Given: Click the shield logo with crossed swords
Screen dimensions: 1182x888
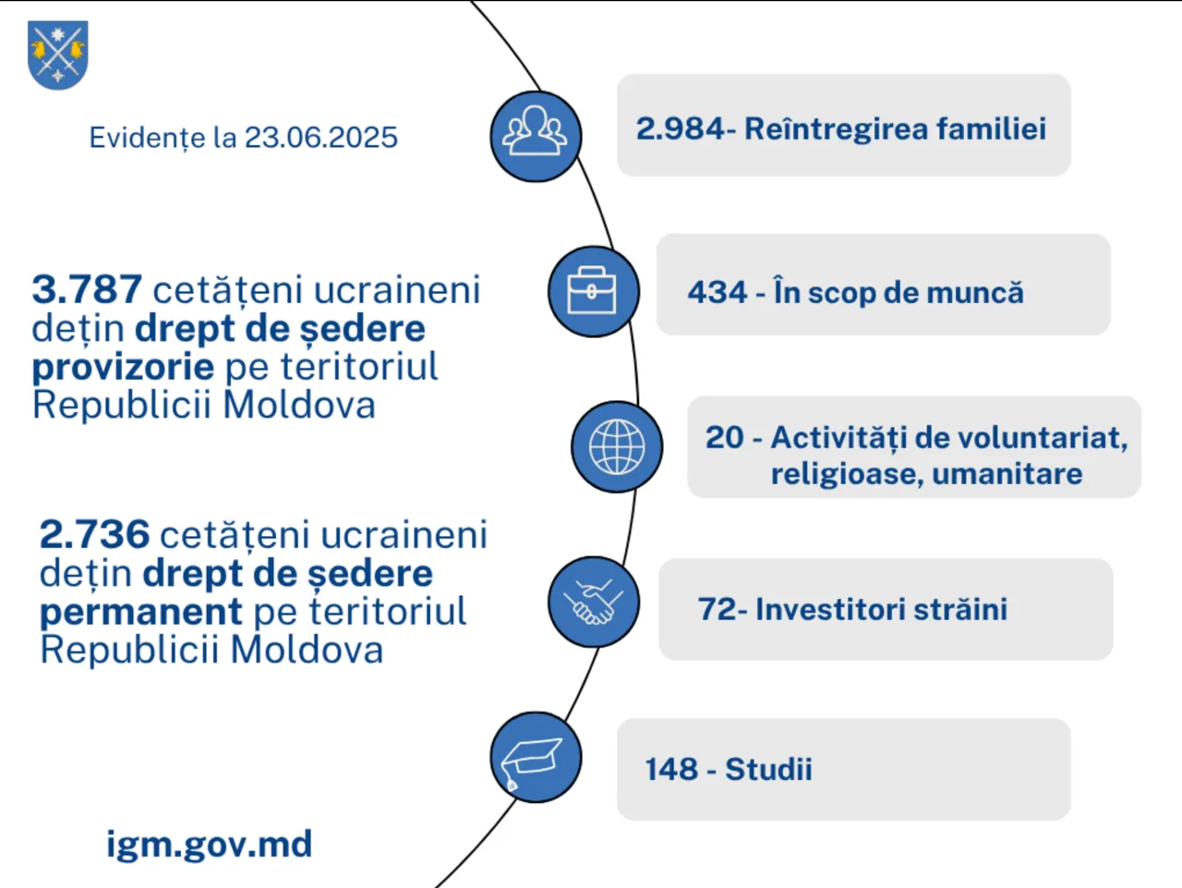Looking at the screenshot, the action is (57, 55).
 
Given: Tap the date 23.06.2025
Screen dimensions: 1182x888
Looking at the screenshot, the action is (321, 138).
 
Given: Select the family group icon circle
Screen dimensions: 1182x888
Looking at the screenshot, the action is (536, 137).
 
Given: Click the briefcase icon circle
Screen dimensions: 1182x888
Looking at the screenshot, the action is (594, 291).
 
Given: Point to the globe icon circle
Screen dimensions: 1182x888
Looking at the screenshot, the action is (617, 446).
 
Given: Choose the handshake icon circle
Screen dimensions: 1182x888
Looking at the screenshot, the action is (594, 602).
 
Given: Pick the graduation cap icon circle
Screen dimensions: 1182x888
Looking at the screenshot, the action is (536, 757).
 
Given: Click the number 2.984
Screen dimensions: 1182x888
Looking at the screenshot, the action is (681, 129).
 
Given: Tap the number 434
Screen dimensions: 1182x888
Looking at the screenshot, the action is (718, 292).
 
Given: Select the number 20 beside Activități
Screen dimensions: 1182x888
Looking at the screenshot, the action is (725, 437).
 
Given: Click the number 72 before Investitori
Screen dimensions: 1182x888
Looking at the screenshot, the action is (718, 610).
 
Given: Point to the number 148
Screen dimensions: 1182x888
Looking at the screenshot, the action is (671, 769).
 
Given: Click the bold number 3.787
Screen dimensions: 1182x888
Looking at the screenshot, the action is (87, 289).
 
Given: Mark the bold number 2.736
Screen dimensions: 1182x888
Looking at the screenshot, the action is (95, 534).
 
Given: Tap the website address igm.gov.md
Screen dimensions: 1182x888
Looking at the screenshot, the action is (209, 845).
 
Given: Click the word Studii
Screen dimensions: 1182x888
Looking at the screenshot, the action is (768, 769).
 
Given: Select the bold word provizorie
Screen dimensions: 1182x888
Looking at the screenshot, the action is (124, 368).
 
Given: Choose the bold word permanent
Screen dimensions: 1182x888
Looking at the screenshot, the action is (141, 613).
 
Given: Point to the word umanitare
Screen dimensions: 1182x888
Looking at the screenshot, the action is (1007, 474).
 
